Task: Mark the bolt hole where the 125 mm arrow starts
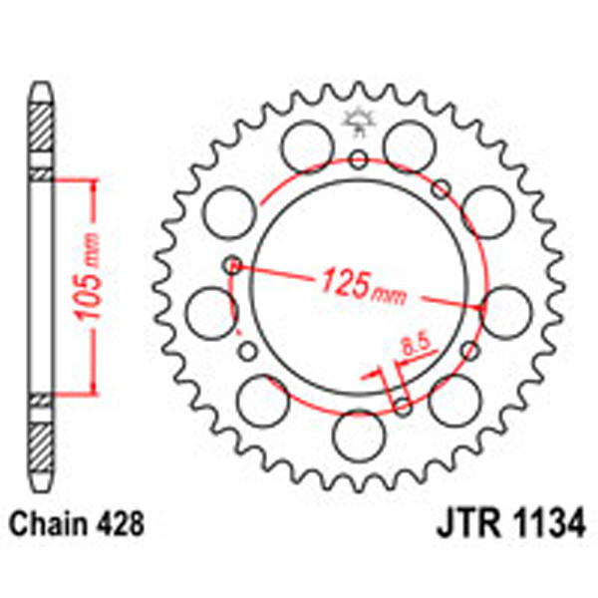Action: tap(232, 265)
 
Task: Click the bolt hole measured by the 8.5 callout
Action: tap(402, 405)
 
